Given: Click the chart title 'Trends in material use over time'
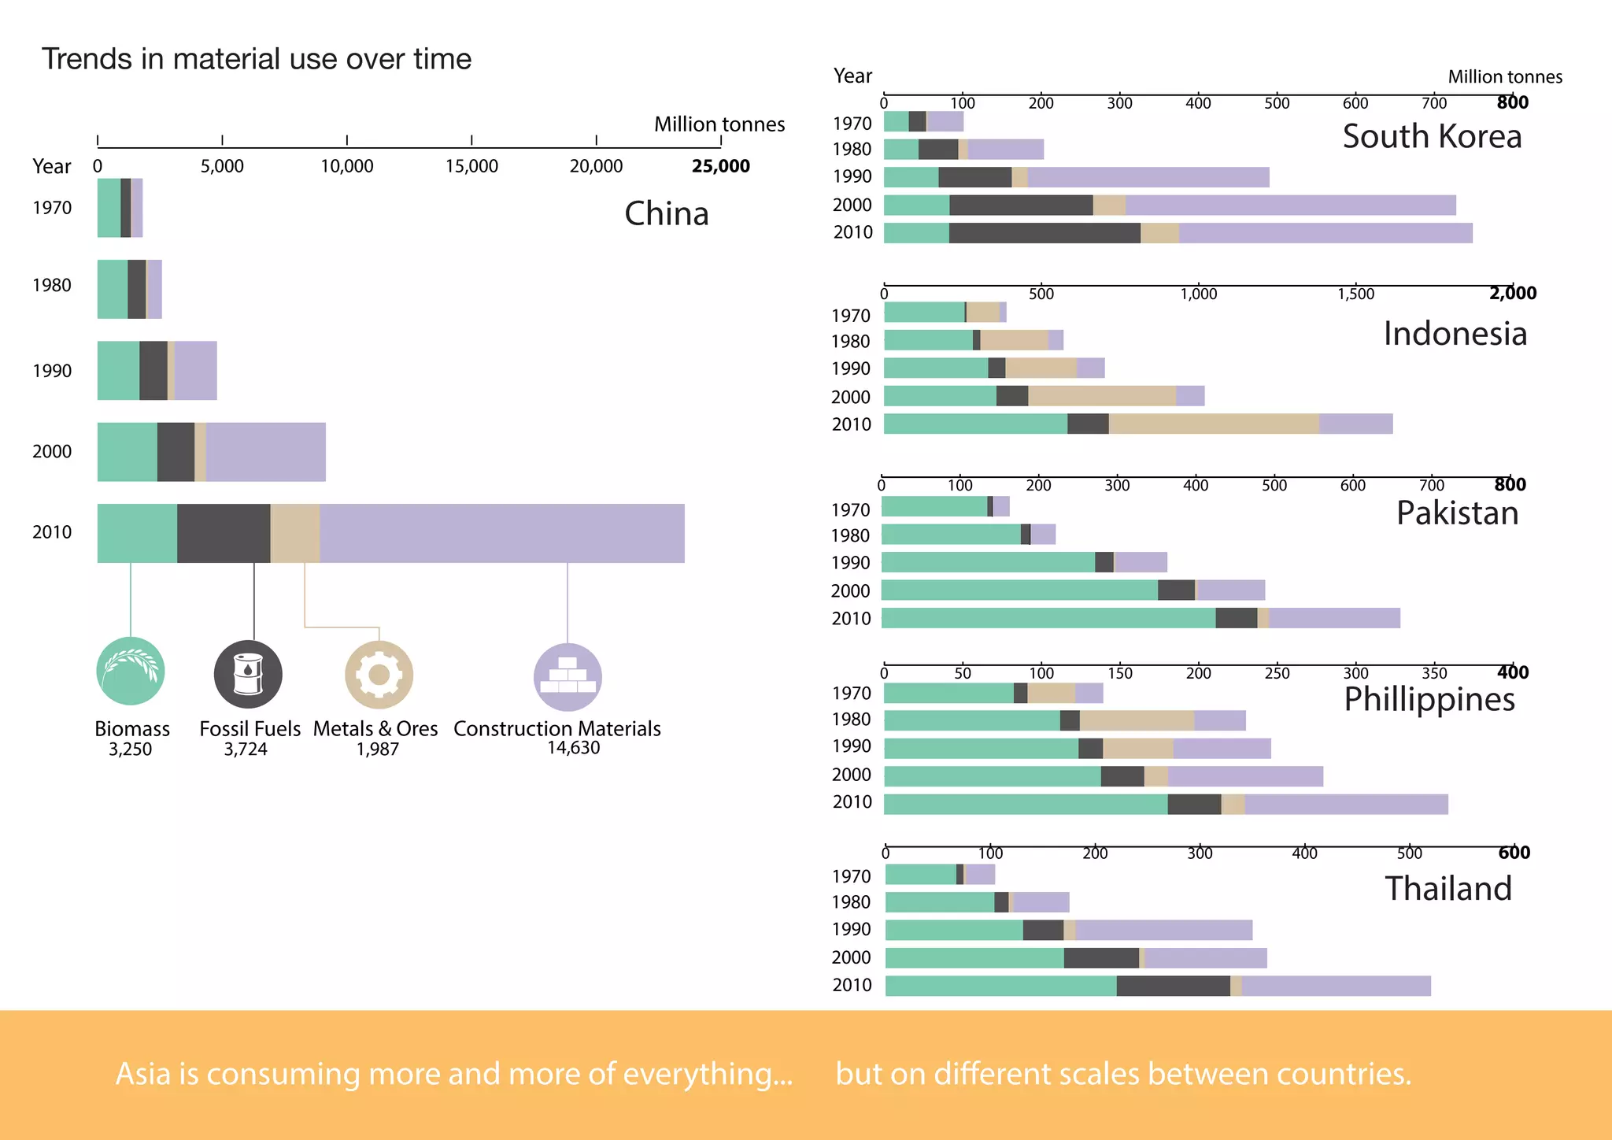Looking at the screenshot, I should click(x=257, y=60).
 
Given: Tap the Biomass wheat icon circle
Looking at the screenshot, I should click(x=131, y=671).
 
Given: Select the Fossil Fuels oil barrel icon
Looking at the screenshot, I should click(x=248, y=674).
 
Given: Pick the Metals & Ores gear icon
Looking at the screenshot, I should click(x=379, y=675).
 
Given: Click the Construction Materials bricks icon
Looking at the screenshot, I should click(x=568, y=677).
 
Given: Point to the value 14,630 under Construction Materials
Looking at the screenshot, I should click(x=573, y=748).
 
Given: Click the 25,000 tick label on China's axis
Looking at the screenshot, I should click(x=720, y=166).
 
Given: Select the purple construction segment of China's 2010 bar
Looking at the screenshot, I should click(x=501, y=533).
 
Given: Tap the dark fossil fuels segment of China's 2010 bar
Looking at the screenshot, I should click(x=224, y=533).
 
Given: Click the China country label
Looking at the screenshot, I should click(x=666, y=214).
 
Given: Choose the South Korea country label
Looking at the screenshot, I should click(x=1431, y=137).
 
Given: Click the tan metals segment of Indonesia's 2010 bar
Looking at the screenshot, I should click(x=1213, y=424).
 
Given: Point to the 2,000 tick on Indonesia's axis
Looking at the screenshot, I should click(x=1512, y=294).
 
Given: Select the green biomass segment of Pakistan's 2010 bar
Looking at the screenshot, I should click(x=1048, y=618).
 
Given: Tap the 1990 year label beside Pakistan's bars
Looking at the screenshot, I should click(x=850, y=563).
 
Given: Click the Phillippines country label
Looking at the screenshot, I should click(x=1429, y=699).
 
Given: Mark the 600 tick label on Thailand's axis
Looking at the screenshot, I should click(x=1514, y=853).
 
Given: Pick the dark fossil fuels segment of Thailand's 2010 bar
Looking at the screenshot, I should click(x=1173, y=986).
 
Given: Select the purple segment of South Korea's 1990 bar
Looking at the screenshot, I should click(x=1148, y=177).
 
